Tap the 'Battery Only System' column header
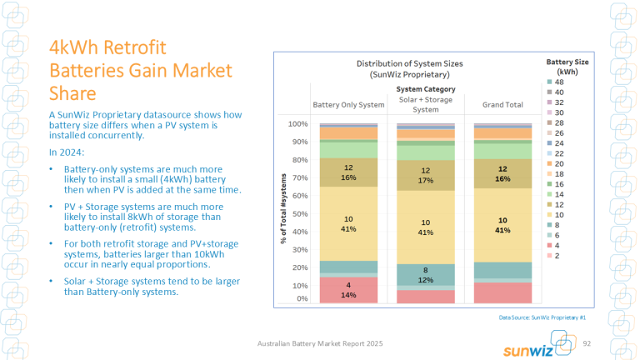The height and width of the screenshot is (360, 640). pos(348,105)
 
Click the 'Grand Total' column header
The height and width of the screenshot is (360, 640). pos(502,105)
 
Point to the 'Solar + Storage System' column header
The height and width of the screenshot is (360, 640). pos(425,105)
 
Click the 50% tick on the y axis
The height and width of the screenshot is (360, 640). pos(297,213)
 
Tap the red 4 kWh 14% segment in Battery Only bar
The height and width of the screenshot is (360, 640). pos(348,289)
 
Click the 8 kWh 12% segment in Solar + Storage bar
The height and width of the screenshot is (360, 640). pos(425,275)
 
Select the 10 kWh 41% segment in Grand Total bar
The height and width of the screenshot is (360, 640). pos(502,224)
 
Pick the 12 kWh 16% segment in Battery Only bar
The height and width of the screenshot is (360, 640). pos(348,172)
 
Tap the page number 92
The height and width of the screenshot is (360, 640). pos(586,344)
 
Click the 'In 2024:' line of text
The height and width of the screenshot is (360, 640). pos(66,152)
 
